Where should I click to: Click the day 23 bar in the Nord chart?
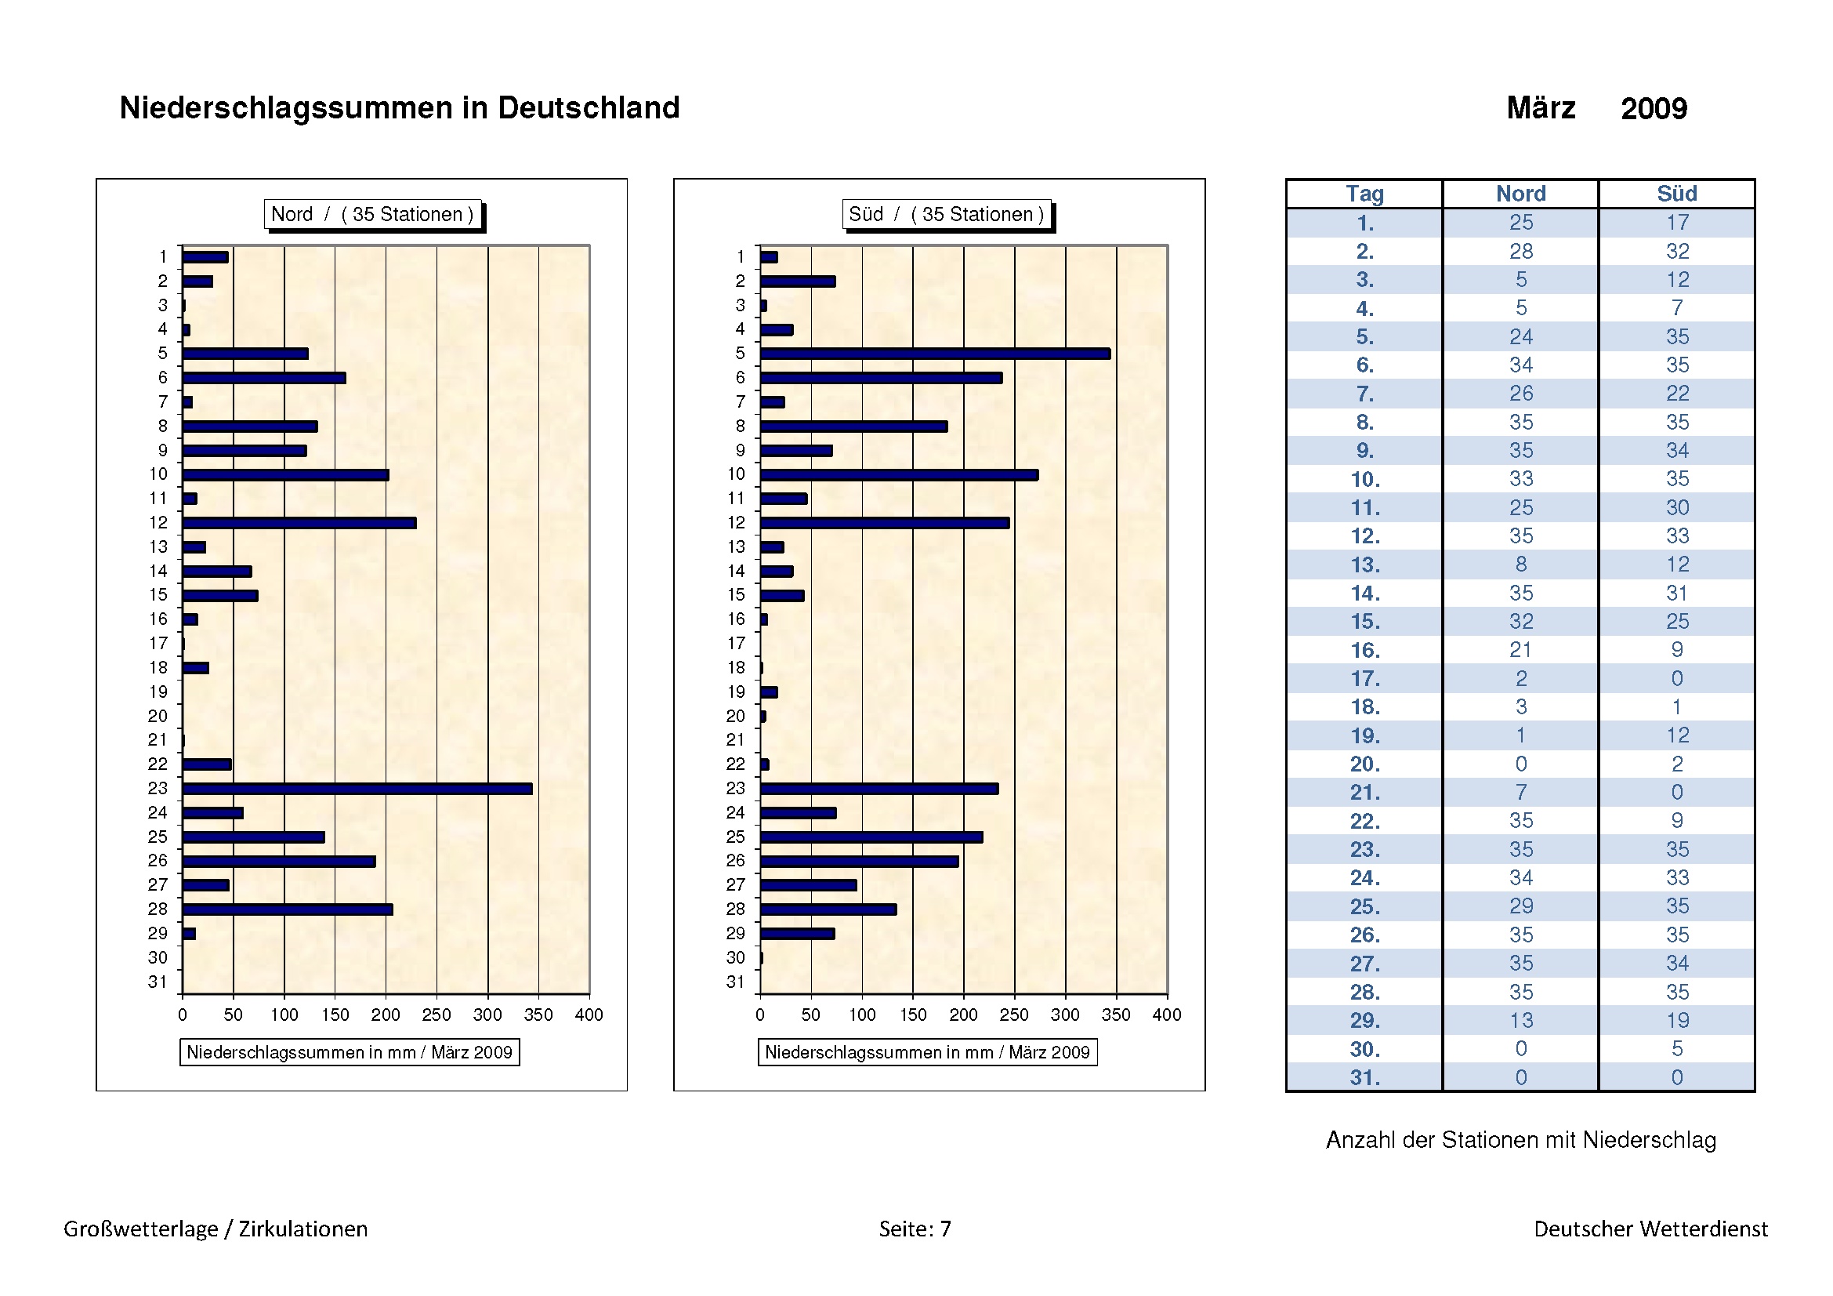coord(357,789)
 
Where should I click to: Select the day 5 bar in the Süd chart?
coord(935,354)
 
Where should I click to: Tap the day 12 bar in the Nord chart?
coord(299,523)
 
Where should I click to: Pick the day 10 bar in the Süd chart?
coord(899,475)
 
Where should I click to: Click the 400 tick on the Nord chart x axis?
coord(589,1015)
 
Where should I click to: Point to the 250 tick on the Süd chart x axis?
coord(1014,1015)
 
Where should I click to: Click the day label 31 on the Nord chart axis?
coord(158,982)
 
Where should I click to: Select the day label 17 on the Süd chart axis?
coord(736,644)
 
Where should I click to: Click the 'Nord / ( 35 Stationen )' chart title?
coord(372,214)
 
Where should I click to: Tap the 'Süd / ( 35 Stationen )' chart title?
coord(946,214)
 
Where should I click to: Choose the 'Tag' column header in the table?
coord(1364,194)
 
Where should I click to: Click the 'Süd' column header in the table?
coord(1676,194)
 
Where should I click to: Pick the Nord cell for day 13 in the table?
coord(1521,565)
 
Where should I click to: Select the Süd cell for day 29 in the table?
coord(1676,1021)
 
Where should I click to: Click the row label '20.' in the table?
coord(1364,764)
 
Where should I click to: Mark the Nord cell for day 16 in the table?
coord(1521,650)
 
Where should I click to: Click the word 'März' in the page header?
coord(1541,107)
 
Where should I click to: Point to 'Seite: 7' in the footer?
coord(915,1229)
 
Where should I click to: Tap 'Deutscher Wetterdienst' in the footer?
coord(1650,1229)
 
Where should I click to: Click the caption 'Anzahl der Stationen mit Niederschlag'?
coord(1521,1140)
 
